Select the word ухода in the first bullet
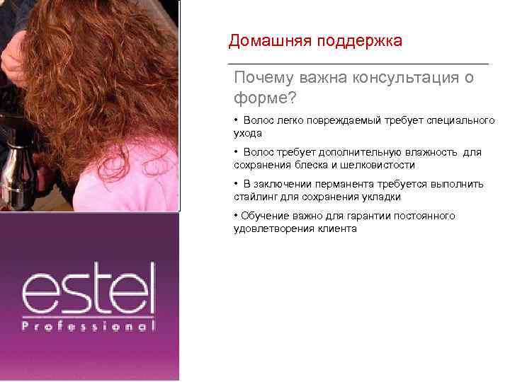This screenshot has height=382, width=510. point(248,132)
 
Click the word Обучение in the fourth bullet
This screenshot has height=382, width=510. point(262,216)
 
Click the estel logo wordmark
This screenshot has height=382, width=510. point(89,290)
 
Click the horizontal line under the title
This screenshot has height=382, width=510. point(358,64)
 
